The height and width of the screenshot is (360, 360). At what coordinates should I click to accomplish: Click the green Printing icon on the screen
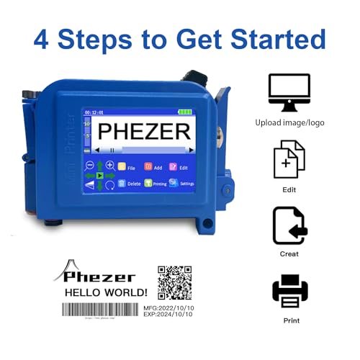(x=148, y=184)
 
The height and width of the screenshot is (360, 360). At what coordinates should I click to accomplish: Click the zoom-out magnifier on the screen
(x=91, y=166)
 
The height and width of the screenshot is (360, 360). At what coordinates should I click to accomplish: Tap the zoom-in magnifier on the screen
(x=109, y=166)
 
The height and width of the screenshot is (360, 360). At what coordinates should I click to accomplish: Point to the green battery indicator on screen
(x=186, y=112)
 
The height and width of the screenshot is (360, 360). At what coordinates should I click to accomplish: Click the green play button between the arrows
(x=100, y=175)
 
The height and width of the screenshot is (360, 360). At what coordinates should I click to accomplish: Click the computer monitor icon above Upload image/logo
(x=289, y=92)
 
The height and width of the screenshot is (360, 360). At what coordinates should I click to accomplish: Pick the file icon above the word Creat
(x=289, y=225)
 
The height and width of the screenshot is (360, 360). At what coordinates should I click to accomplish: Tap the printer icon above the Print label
(x=290, y=291)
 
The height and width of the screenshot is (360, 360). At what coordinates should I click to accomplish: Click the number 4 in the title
(x=44, y=37)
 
